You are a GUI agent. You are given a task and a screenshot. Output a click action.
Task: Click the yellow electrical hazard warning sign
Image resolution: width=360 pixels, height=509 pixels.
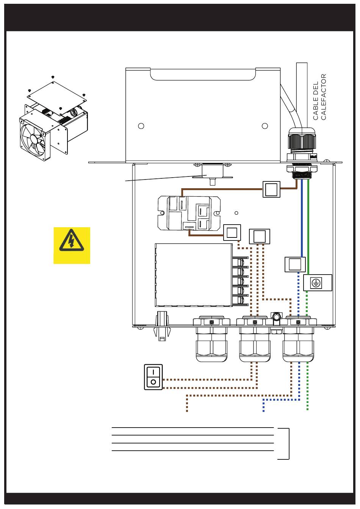coord(72,245)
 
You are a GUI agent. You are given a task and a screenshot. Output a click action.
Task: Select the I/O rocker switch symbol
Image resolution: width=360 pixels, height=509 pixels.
coord(153,377)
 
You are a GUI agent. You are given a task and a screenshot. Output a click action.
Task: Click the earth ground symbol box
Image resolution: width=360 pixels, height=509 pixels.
coord(318,283)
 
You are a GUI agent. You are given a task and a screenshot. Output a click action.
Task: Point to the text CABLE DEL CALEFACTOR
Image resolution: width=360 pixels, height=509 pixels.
coord(319,97)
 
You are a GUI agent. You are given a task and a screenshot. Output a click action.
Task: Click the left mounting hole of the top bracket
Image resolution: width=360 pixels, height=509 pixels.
coord(141,126)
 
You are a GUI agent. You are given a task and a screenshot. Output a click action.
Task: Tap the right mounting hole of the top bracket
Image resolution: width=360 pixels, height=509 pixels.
coord(265,126)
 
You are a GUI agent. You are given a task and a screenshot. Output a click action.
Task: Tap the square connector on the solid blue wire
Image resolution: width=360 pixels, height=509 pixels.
coord(295,264)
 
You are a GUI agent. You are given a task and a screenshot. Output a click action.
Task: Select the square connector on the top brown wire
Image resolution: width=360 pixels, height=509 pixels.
coord(271,189)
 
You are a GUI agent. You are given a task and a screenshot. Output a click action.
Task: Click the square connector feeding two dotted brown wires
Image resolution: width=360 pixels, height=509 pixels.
coord(260,236)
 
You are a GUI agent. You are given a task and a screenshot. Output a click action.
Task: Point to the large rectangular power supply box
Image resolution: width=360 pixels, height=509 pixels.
coord(194,275)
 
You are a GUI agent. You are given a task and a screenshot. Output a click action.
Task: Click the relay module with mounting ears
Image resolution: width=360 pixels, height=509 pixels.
coord(189,213)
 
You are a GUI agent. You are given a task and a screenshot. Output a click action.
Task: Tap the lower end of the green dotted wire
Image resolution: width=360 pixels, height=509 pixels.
coord(307,409)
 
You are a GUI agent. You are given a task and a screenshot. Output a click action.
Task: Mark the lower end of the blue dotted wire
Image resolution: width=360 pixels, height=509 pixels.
coord(264,411)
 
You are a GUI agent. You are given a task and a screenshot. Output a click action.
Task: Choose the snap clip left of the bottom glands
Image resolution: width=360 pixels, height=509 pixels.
coord(162,326)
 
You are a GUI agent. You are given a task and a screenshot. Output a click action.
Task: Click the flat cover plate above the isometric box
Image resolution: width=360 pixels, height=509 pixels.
coord(57,95)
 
